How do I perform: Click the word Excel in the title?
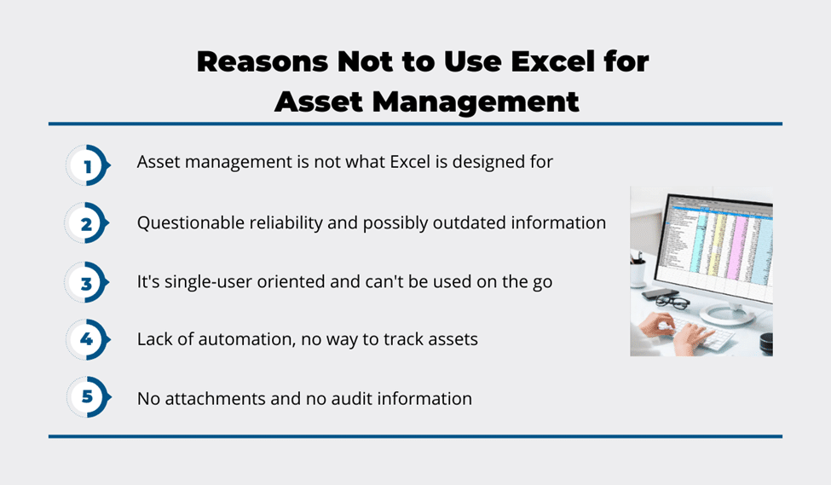coord(552,61)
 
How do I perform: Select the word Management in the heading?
coord(476,101)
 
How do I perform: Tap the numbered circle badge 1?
coord(88,165)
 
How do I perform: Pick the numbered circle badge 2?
coord(87,223)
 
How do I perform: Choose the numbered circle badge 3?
coord(87,282)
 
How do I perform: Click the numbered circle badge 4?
coord(88,339)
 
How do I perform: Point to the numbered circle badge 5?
coord(88,397)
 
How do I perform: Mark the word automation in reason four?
coord(246,339)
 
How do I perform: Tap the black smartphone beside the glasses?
coord(660,294)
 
